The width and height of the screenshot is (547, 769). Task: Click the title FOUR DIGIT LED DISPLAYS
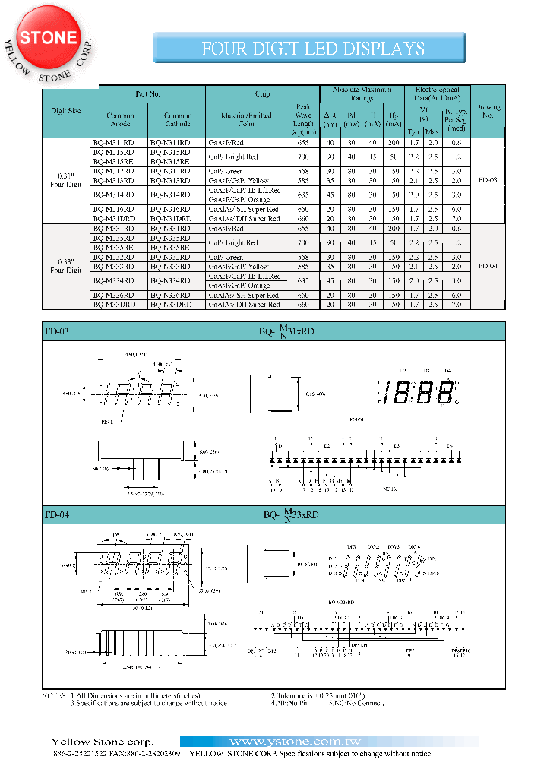tap(312, 49)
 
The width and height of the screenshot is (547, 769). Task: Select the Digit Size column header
tap(65, 111)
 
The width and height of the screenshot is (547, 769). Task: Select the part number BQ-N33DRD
tap(177, 305)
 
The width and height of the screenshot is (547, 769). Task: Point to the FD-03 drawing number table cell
tap(489, 181)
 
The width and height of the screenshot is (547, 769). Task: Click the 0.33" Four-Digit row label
tap(65, 266)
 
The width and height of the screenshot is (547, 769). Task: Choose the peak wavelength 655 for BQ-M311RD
tap(303, 143)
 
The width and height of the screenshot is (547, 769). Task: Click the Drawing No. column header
tap(489, 112)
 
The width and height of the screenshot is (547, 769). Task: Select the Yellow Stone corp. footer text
tap(102, 742)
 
